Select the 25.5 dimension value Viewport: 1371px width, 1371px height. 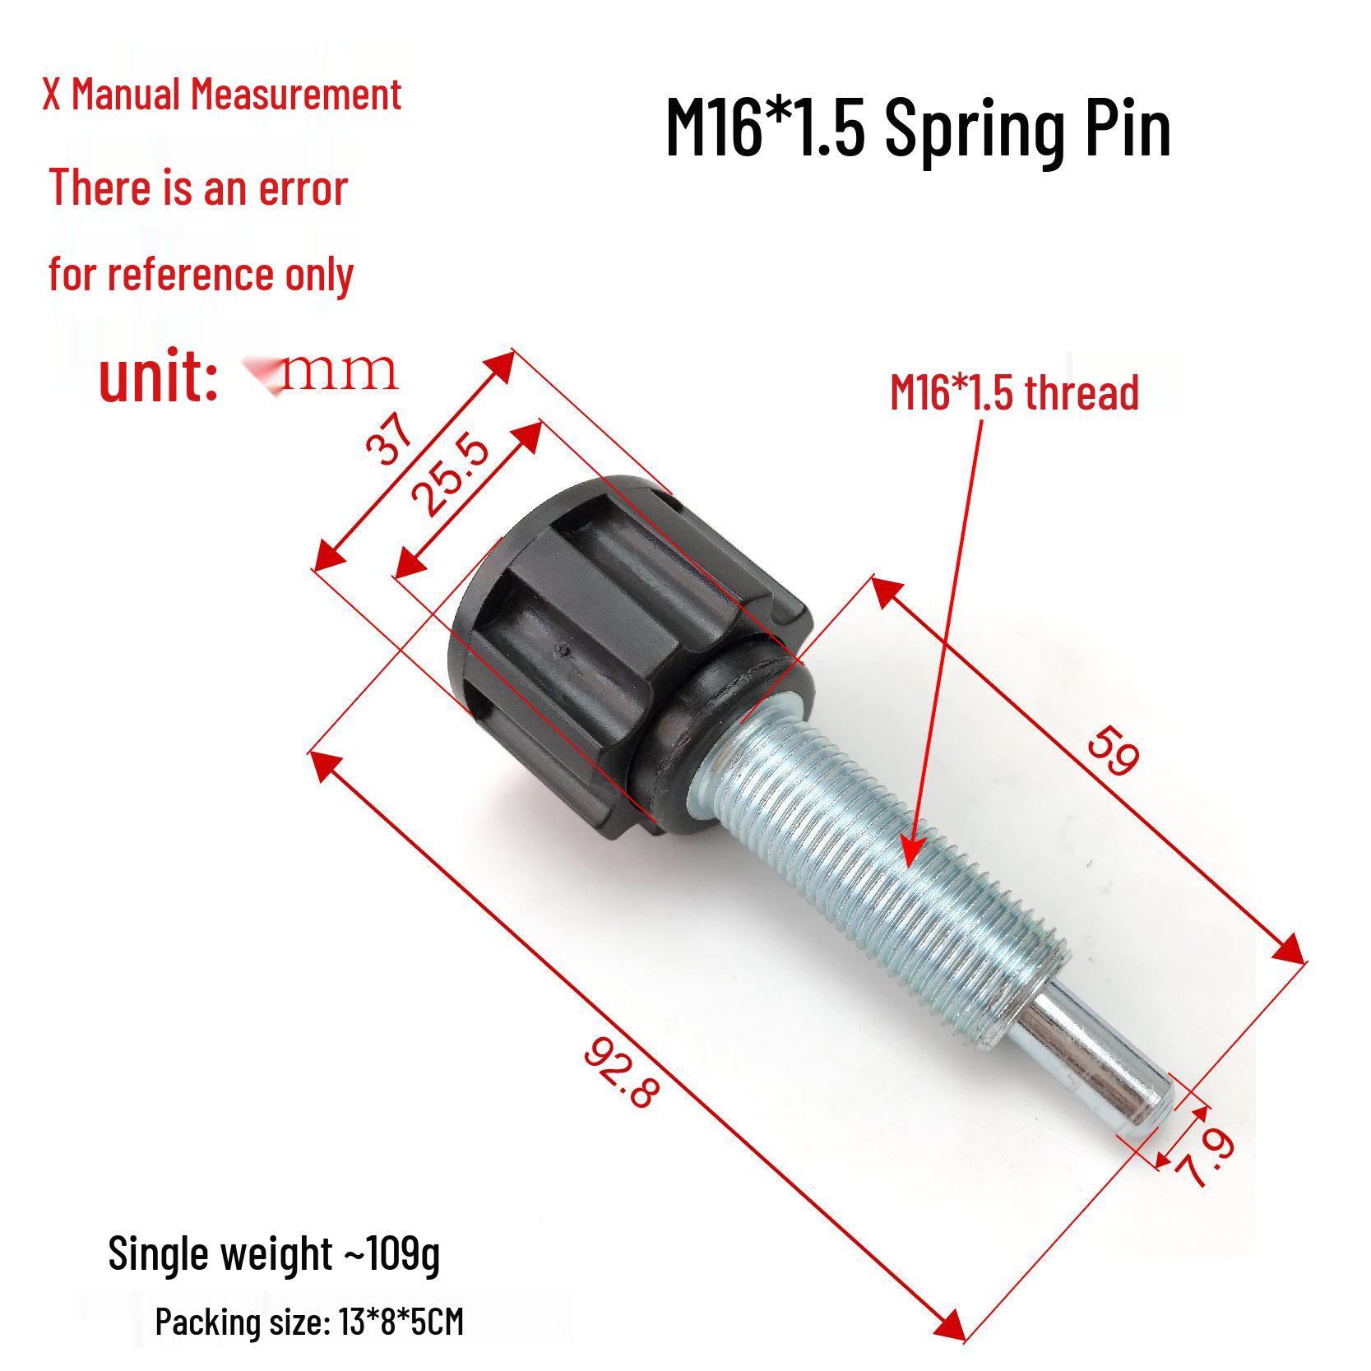[450, 476]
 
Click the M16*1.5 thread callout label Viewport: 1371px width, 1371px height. [1014, 392]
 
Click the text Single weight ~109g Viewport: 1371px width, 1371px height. [274, 1254]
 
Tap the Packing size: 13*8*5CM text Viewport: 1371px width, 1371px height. [309, 1322]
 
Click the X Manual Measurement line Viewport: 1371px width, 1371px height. [222, 95]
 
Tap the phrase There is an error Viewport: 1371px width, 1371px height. [198, 188]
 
